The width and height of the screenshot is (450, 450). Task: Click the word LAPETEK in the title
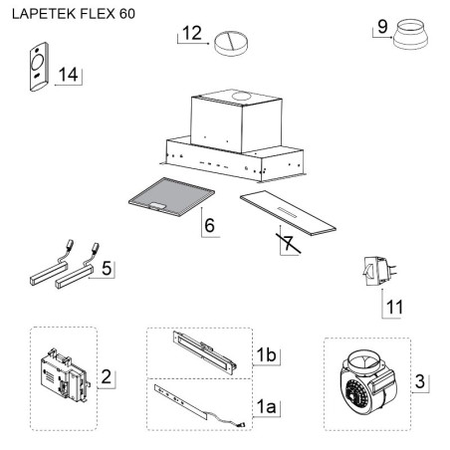pos(44,14)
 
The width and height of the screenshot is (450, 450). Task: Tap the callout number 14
pos(69,75)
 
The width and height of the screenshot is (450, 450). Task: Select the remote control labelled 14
pos(39,67)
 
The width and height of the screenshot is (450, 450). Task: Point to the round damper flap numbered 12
pos(231,44)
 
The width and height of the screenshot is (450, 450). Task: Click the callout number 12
pos(192,33)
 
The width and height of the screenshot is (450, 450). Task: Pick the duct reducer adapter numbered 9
pos(410,35)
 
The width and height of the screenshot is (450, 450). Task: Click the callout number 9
pos(382,27)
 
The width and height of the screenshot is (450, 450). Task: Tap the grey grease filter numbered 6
pos(171,196)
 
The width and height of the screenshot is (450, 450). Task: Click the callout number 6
pos(210,225)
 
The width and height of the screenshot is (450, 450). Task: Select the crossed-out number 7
pos(289,243)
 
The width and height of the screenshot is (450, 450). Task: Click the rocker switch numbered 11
pos(379,272)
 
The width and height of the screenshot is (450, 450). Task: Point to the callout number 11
pos(394,307)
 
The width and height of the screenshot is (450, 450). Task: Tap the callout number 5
pos(107,268)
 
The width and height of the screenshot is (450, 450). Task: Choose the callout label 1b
pos(266,355)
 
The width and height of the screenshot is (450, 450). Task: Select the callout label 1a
pos(266,406)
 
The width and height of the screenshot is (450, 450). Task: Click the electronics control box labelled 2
pos(66,375)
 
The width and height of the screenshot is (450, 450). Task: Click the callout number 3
pos(420,381)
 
